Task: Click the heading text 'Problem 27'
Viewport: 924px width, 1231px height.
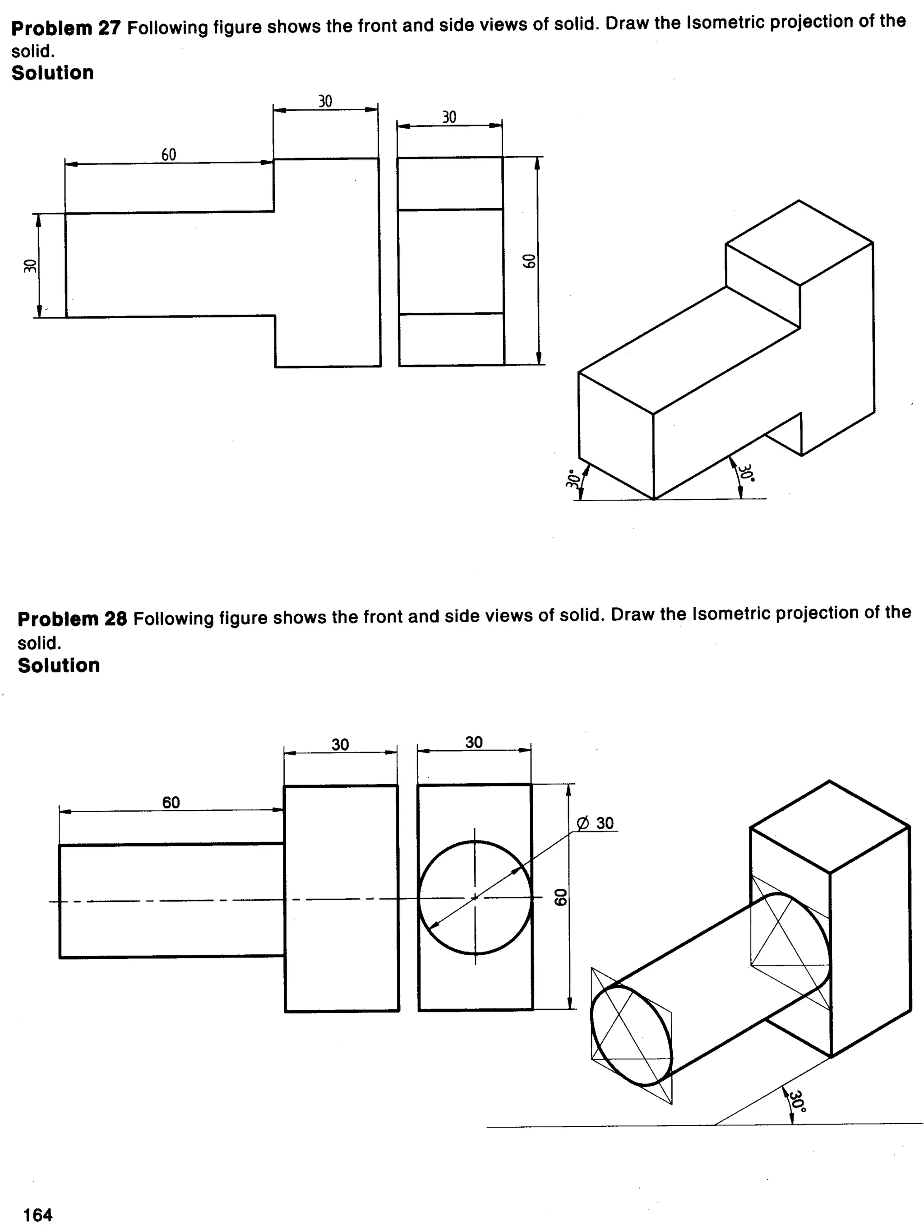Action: (x=65, y=28)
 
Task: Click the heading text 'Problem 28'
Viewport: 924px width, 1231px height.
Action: (x=72, y=619)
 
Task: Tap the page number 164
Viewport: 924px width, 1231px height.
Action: (x=38, y=1214)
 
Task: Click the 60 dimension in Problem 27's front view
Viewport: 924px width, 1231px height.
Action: (x=169, y=155)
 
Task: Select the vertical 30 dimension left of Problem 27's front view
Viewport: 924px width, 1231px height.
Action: (x=30, y=266)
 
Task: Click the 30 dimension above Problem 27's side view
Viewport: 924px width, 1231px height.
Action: (x=449, y=117)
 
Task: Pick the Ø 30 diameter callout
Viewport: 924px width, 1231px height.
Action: (x=595, y=823)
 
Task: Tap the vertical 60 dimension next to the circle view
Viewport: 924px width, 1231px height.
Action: (x=560, y=897)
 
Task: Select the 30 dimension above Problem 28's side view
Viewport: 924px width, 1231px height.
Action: (x=474, y=742)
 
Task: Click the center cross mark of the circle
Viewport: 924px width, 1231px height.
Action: (x=475, y=897)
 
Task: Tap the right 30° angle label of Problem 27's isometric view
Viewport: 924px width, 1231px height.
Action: (x=745, y=473)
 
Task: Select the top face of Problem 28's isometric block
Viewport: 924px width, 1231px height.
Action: (x=829, y=827)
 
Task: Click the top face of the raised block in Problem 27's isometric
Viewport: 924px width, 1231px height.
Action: (x=799, y=243)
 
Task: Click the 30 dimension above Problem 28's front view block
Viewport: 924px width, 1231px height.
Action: (x=340, y=745)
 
